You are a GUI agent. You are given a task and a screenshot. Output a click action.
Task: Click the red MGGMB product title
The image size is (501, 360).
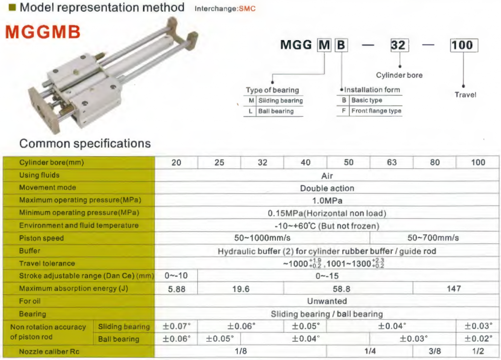[43, 32]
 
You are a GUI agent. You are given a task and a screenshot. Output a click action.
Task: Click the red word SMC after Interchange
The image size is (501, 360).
[247, 9]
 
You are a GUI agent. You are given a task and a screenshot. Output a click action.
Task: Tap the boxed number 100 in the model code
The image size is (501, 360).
[464, 45]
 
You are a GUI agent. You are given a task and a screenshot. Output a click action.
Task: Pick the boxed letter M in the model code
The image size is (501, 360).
[324, 45]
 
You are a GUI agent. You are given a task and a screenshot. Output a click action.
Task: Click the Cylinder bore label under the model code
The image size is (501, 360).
[399, 75]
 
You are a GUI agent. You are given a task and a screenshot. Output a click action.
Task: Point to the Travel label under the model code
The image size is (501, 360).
[465, 94]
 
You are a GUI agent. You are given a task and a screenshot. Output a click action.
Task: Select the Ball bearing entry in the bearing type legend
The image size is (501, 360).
[276, 111]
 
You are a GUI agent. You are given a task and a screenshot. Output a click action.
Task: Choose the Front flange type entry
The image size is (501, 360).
[376, 111]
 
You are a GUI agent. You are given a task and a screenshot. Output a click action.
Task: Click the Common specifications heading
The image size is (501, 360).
[85, 143]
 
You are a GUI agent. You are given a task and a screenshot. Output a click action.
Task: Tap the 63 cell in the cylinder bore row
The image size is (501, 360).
[391, 162]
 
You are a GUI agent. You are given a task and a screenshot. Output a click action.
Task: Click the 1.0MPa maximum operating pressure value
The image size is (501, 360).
[327, 201]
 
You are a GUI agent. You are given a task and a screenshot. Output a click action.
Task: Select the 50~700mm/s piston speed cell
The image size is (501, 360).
[433, 238]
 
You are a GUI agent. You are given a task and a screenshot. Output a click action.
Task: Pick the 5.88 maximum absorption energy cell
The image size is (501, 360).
[176, 289]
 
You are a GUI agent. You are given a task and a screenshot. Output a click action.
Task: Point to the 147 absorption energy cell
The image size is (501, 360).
[454, 289]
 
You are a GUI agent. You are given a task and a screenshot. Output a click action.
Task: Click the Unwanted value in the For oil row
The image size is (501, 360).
[327, 301]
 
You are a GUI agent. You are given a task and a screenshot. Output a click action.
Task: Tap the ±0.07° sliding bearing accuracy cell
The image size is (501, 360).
[176, 326]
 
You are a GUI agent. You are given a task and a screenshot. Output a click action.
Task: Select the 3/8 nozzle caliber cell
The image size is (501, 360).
[434, 351]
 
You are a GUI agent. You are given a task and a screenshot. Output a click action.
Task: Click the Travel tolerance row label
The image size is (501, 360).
[47, 264]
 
